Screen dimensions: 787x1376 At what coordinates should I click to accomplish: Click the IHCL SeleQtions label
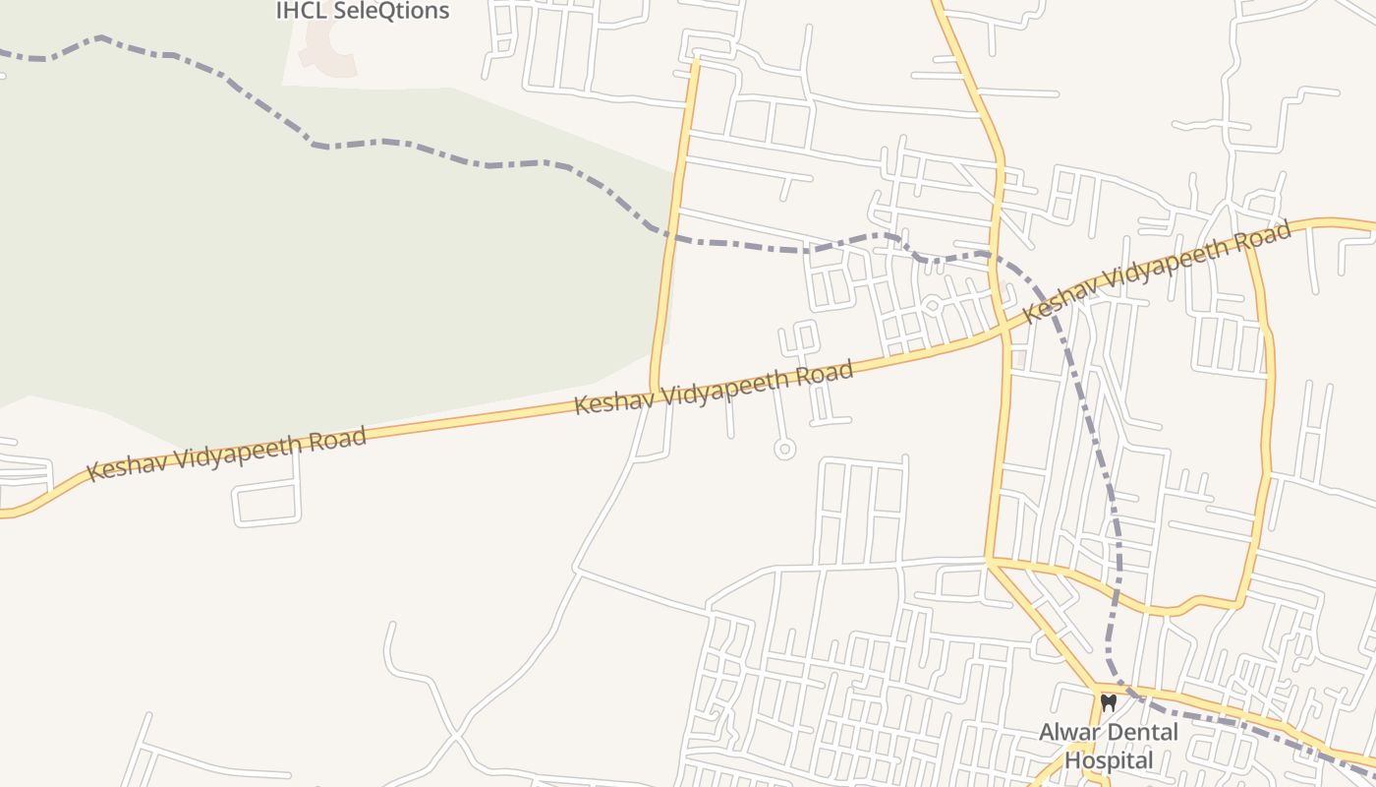pos(362,11)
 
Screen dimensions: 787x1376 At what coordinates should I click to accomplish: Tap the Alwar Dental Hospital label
pos(1109,747)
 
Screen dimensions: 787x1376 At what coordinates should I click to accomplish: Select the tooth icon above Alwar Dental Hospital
pos(1109,703)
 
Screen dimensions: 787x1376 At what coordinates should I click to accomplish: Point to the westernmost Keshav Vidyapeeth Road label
pos(227,454)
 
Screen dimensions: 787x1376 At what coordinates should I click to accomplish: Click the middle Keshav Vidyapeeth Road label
pos(713,388)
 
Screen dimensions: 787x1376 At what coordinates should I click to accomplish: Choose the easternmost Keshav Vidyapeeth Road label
pos(1156,272)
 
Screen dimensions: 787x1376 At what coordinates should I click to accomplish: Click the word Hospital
pos(1109,760)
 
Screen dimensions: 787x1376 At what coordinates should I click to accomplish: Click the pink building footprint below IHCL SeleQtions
pos(328,49)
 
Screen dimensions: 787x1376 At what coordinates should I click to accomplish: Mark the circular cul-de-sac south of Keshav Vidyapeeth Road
pos(783,450)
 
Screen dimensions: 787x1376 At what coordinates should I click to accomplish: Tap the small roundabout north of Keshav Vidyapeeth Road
pos(932,306)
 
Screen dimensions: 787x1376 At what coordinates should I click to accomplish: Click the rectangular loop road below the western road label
pos(266,502)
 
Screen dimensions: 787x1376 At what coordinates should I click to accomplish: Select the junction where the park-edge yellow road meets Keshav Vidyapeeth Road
pos(653,391)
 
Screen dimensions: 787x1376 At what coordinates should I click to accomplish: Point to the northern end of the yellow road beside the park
pos(696,59)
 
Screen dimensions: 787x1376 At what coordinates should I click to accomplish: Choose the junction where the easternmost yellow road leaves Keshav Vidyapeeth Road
pos(1250,242)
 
